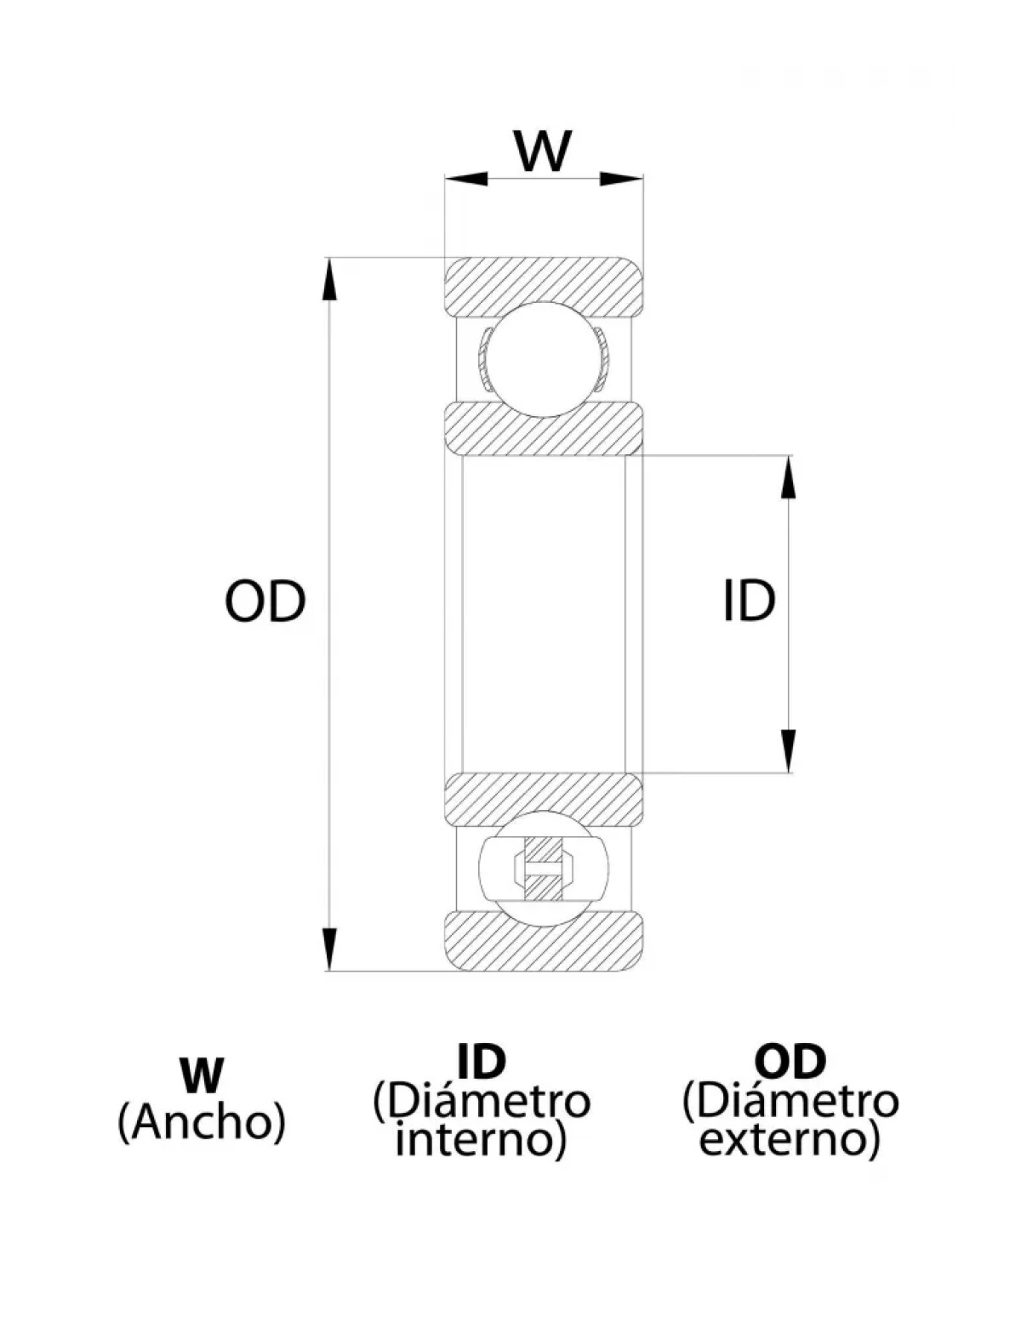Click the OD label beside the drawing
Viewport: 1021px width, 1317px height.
click(265, 601)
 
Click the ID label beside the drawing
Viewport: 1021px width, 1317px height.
click(749, 601)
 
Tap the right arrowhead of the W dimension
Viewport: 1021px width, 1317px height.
click(622, 179)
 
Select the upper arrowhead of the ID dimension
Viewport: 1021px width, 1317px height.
click(790, 476)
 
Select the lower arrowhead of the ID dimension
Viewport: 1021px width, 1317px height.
click(790, 751)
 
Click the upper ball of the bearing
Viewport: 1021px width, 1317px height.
click(544, 359)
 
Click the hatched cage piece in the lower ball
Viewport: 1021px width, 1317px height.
click(544, 867)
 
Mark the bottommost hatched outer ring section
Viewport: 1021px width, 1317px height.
click(544, 943)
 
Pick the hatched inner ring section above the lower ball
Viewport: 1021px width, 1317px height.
click(544, 798)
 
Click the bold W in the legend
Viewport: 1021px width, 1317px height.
click(201, 1075)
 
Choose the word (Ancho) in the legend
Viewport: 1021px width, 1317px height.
click(201, 1122)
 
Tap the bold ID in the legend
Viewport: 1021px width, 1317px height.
click(481, 1061)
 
